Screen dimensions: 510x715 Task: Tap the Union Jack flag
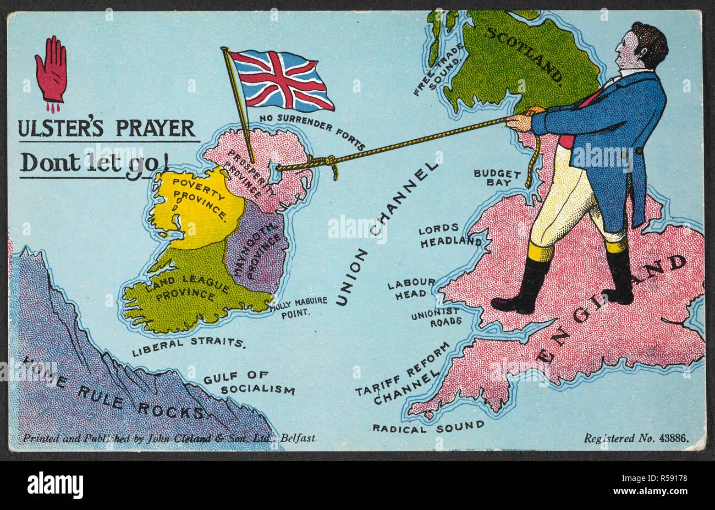click(280, 79)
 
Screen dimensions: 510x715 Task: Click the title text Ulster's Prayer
click(107, 128)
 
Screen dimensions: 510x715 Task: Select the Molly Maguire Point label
click(299, 306)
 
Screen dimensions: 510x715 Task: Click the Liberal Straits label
click(188, 343)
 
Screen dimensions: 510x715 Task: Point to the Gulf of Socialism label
click(249, 383)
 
